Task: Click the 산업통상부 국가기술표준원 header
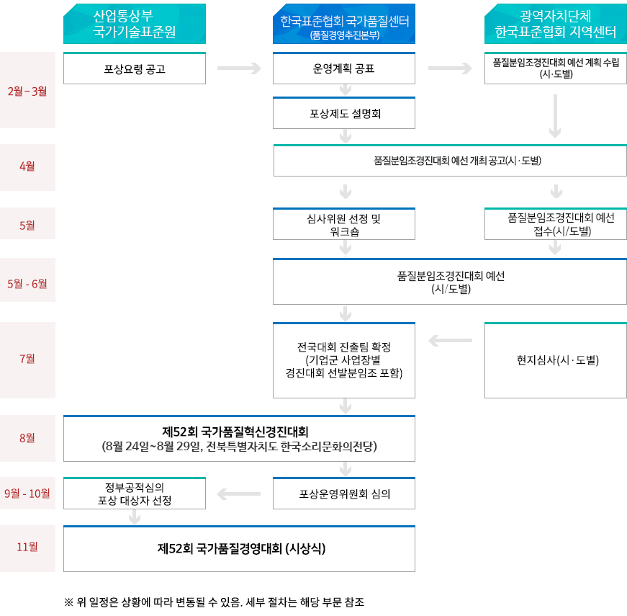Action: [x=135, y=24]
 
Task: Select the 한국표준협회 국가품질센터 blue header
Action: [x=344, y=24]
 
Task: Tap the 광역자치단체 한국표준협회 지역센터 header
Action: [x=556, y=24]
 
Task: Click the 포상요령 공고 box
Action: [x=135, y=68]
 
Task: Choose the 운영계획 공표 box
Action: [x=344, y=68]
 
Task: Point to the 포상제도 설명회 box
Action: [x=344, y=113]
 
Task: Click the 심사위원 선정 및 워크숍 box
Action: [x=344, y=224]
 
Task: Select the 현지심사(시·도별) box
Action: [x=556, y=360]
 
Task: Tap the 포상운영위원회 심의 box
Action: [x=344, y=493]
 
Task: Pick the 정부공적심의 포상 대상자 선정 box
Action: [x=135, y=493]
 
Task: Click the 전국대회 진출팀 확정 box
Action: [x=344, y=360]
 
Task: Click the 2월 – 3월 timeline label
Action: [x=27, y=91]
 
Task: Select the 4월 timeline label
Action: [x=27, y=166]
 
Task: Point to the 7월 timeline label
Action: [x=27, y=359]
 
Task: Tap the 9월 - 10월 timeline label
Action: [x=27, y=493]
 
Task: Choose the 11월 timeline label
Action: [x=27, y=547]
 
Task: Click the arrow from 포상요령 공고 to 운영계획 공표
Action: [x=239, y=68]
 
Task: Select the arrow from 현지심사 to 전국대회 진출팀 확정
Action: [x=450, y=341]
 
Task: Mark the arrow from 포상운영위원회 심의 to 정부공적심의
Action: [x=239, y=494]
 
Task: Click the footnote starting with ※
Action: [x=214, y=602]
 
